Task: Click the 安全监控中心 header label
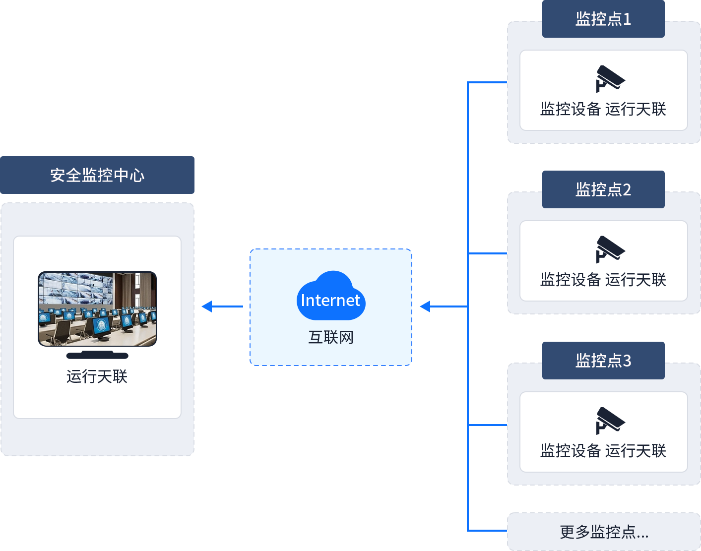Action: coord(97,175)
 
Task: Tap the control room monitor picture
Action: coord(97,308)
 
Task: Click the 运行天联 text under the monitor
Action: coord(97,376)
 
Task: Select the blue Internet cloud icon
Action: coord(331,297)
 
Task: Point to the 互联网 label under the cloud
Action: coord(331,337)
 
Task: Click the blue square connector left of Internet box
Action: coord(206,306)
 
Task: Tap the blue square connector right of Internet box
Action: coord(425,306)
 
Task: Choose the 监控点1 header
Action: coord(603,19)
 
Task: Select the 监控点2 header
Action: coord(603,189)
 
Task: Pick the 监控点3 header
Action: coord(603,361)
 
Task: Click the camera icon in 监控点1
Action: coord(610,79)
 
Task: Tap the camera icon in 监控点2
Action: coord(610,249)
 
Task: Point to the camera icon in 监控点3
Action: coord(610,421)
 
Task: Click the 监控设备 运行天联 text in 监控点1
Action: coord(603,109)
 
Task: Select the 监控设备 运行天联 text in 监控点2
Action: coord(603,280)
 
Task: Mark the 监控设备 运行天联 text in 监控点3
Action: coord(603,451)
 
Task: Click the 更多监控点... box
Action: coord(604,532)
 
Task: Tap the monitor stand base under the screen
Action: coord(97,355)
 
